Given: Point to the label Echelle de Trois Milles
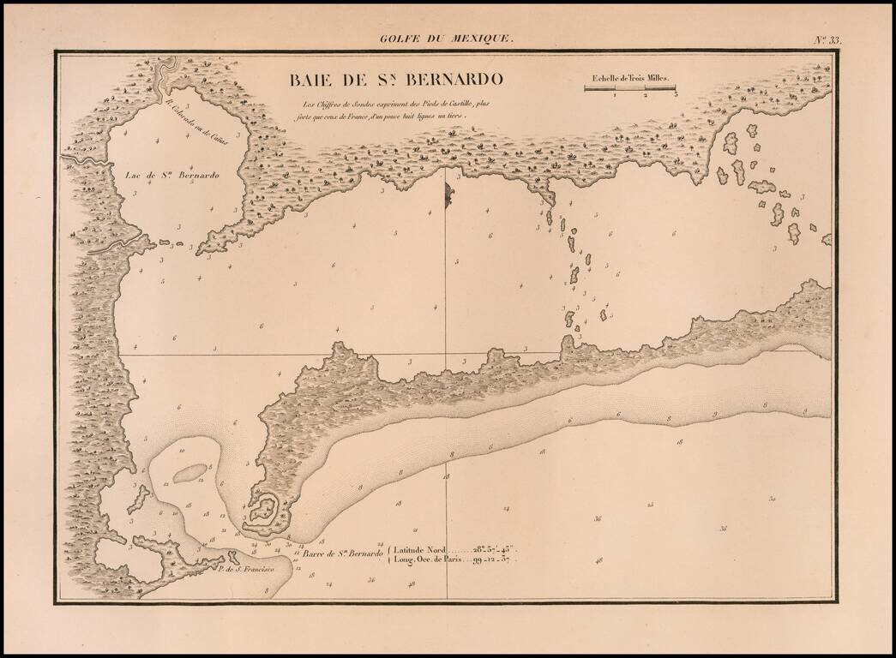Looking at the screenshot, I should click(629, 77).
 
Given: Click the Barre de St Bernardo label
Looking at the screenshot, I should click(342, 554).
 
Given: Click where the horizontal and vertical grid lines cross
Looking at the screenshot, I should click(445, 353).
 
